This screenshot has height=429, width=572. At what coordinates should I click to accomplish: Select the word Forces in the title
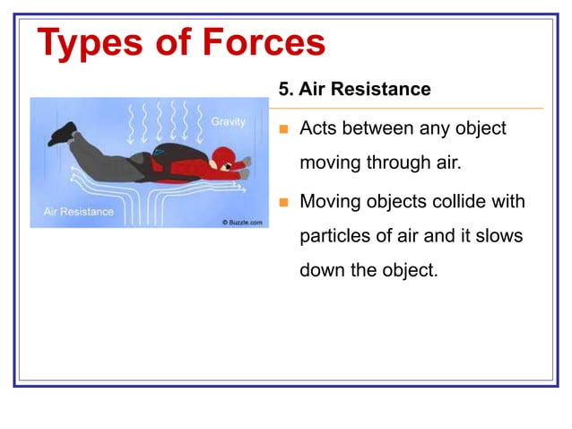(262, 43)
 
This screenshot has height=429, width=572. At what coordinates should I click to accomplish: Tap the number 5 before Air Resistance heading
(284, 91)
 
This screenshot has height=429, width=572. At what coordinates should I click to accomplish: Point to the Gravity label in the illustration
(229, 121)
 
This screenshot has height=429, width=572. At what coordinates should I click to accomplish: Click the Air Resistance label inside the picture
(79, 212)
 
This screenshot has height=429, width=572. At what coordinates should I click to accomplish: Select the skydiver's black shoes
(62, 134)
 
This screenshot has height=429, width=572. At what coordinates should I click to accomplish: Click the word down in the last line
(322, 271)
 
